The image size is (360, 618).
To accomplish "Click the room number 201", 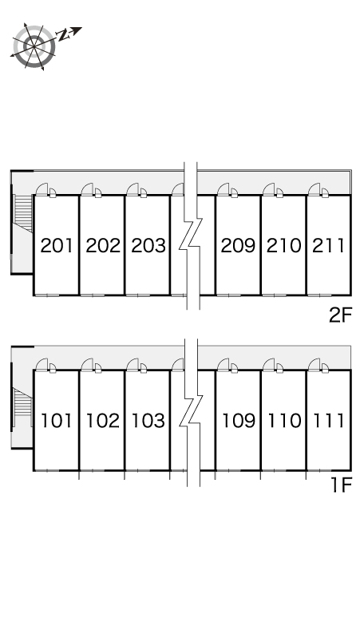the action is [57, 246].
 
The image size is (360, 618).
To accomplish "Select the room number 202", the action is [103, 246].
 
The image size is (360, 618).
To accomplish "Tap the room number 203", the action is [148, 246].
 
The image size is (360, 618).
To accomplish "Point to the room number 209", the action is [238, 246].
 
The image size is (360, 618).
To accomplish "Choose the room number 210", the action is [284, 246].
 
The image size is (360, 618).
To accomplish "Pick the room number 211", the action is [329, 246].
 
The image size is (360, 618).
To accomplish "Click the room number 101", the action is [57, 421].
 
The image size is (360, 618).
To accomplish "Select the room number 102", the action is [103, 421].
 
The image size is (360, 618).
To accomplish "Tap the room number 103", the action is [148, 421].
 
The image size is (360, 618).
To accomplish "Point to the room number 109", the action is [239, 421].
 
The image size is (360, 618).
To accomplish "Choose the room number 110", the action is [284, 421].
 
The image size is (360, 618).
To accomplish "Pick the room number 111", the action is [329, 421].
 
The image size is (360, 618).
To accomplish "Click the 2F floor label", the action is [340, 315].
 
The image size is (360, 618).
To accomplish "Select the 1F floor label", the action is [341, 485].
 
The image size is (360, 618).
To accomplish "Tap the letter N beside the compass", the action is [62, 35].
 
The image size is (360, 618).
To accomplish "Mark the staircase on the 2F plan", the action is [23, 213].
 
